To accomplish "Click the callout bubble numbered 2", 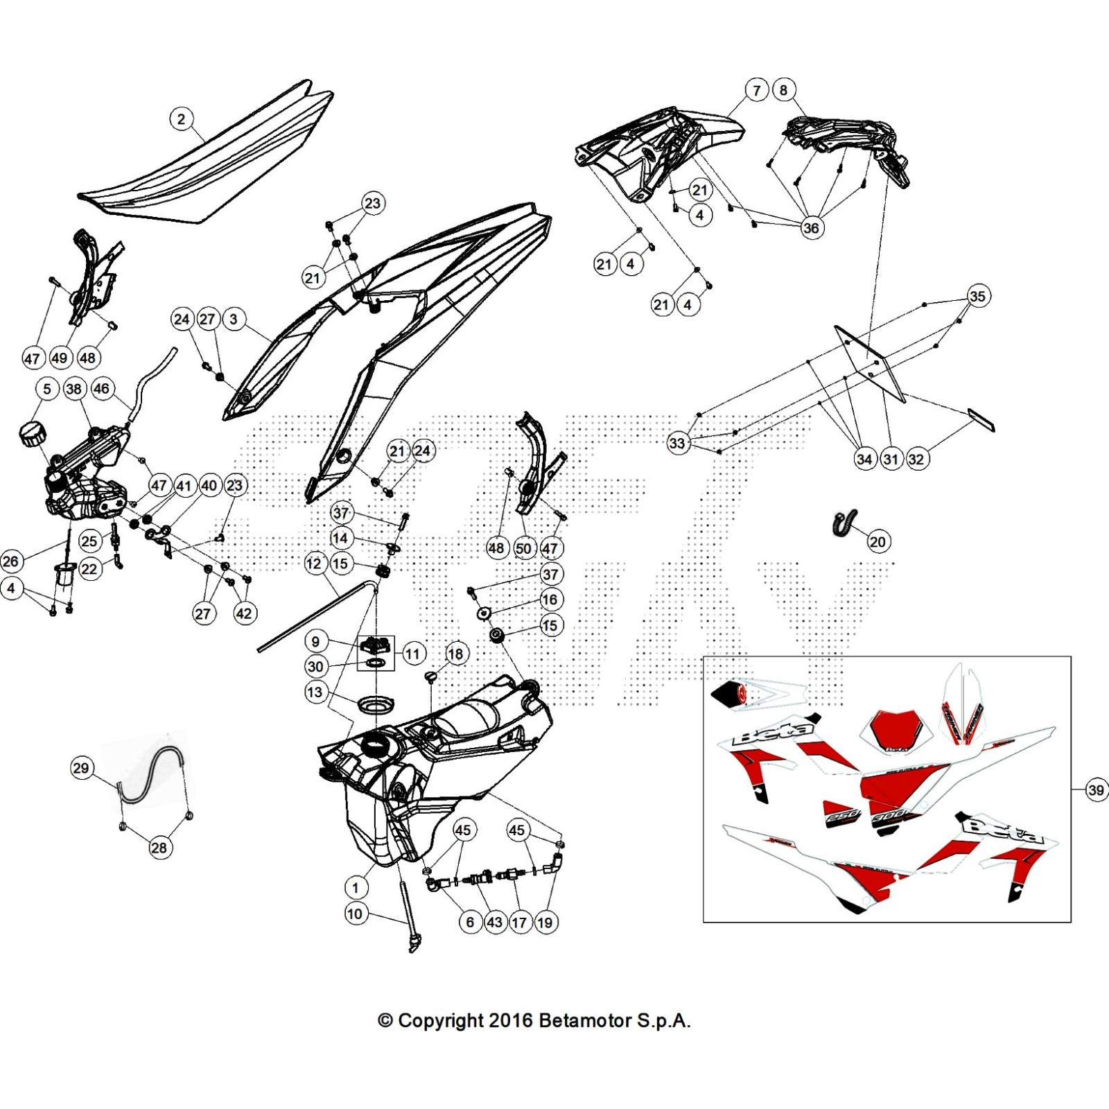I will (x=182, y=119).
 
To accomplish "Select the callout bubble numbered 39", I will (x=1096, y=789).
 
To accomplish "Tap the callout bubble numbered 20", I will (x=877, y=541).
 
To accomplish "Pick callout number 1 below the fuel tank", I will (x=356, y=887).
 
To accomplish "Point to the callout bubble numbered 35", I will (x=977, y=297).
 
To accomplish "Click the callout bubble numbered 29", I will (x=81, y=767).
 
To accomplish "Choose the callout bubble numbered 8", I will (x=783, y=90).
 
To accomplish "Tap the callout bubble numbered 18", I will (x=455, y=654).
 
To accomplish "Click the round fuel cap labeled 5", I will (x=32, y=434).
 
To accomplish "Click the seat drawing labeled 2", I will (x=208, y=159).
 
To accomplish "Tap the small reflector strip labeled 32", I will (x=981, y=419).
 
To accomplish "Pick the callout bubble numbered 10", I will (x=354, y=914).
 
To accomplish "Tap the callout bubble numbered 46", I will (x=102, y=388).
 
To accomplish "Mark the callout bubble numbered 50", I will (x=523, y=549).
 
